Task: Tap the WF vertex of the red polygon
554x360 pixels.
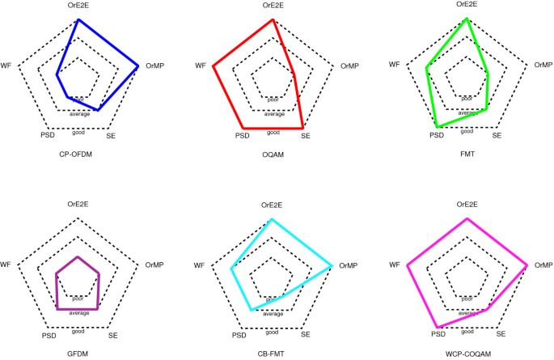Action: coord(214,66)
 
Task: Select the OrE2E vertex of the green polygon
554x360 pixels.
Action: coord(467,19)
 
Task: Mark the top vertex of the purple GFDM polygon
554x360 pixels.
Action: coord(78,256)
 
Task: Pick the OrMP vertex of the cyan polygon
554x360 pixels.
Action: coord(332,265)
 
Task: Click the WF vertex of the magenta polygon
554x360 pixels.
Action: coord(408,265)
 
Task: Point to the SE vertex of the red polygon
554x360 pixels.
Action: coord(303,128)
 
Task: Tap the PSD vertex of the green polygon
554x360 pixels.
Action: coord(438,127)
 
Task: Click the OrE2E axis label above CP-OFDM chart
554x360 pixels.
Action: coord(78,6)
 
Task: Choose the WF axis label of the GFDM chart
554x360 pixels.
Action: coord(6,265)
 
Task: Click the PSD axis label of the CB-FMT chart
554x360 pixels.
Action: coord(239,335)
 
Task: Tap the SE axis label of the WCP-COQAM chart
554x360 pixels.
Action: coord(501,333)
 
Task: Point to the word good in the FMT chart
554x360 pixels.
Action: coord(467,131)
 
